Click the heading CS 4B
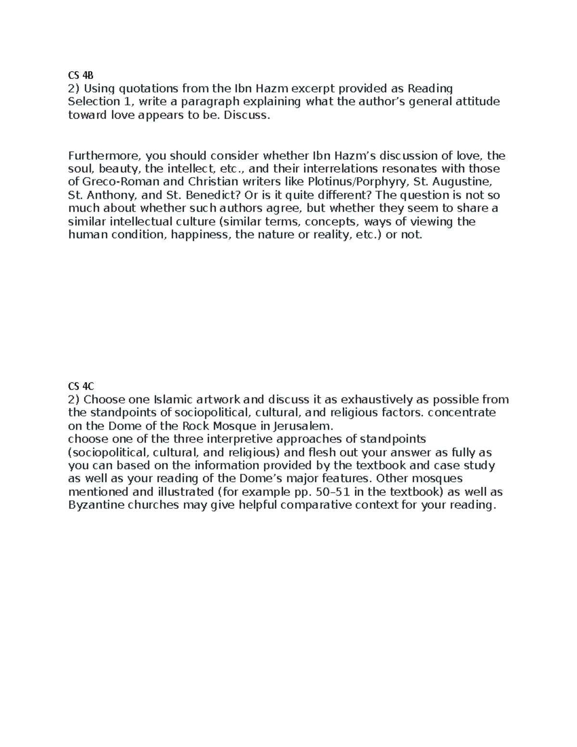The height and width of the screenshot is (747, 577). (80, 76)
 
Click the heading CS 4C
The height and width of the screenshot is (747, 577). (80, 386)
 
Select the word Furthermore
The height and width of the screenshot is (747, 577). (105, 156)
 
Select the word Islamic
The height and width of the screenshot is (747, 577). (174, 400)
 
